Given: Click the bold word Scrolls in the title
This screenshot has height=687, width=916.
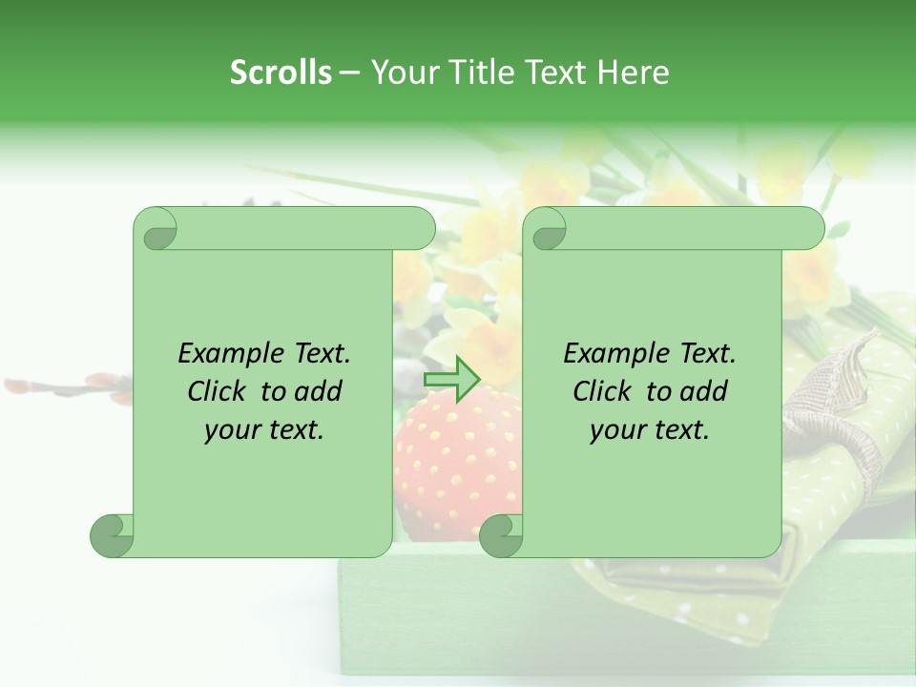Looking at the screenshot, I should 281,73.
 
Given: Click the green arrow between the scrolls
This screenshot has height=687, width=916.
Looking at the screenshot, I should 451,379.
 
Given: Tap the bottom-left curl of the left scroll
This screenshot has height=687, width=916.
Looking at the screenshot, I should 112,536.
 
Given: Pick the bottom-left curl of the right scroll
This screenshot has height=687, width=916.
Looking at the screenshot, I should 500,536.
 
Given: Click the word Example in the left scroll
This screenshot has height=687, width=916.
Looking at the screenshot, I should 222,354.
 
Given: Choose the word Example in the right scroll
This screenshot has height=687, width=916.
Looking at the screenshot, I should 608,354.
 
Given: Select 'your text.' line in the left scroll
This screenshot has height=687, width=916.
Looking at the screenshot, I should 264,430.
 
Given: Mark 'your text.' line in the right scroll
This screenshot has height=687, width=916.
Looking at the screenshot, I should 650,430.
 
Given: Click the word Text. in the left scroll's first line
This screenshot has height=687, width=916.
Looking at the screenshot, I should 314,354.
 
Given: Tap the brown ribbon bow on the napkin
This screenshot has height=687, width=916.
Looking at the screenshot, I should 840,391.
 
